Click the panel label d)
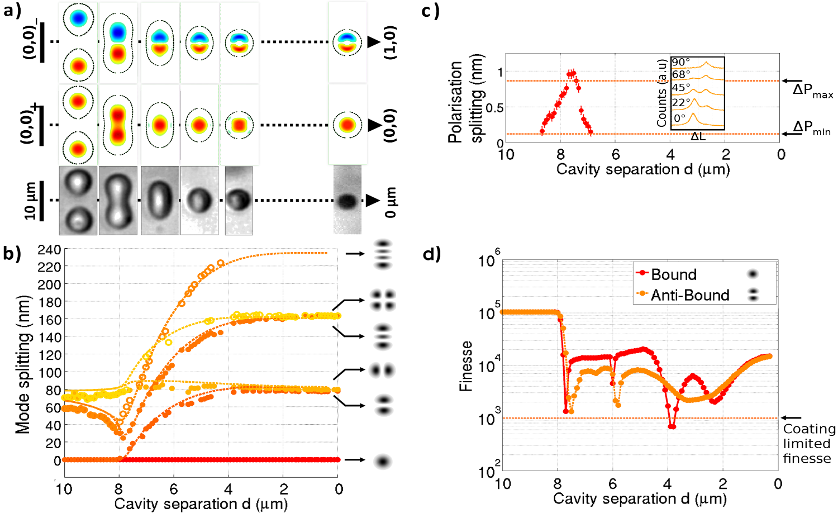click(432, 254)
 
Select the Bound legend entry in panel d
click(674, 274)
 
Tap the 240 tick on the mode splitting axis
click(49, 250)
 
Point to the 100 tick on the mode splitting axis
click(49, 372)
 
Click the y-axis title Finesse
click(466, 366)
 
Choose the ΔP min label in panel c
click(811, 129)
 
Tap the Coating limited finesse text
click(809, 444)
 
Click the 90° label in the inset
click(680, 62)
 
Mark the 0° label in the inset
click(679, 118)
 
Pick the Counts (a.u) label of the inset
click(663, 93)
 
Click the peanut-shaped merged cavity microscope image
click(118, 200)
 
